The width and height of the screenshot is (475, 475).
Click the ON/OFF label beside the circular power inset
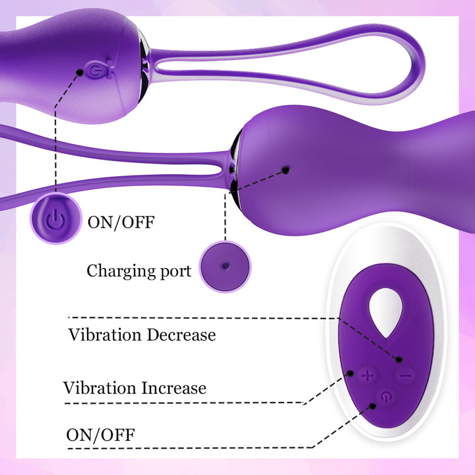[x=121, y=222]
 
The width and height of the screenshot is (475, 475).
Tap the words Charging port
[x=139, y=270]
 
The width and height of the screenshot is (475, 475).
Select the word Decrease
[x=181, y=334]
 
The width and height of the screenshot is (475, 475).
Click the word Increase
[x=174, y=388]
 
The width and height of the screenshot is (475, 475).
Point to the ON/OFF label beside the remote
[x=100, y=435]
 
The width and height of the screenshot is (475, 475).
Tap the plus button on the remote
[x=367, y=376]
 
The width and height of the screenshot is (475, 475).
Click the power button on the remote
[x=386, y=396]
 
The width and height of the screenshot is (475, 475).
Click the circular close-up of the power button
[x=56, y=218]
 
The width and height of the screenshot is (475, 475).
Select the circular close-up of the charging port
[x=225, y=267]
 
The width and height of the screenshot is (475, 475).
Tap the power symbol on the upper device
[x=96, y=71]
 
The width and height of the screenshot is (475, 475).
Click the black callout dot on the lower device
[x=286, y=170]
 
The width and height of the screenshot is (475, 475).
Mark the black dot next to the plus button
[x=350, y=373]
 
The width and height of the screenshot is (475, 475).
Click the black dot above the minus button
[x=399, y=360]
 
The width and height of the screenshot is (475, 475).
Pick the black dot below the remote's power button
[x=373, y=406]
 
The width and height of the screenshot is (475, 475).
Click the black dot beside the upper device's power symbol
[x=80, y=73]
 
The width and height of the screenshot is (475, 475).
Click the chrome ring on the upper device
[x=144, y=67]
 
